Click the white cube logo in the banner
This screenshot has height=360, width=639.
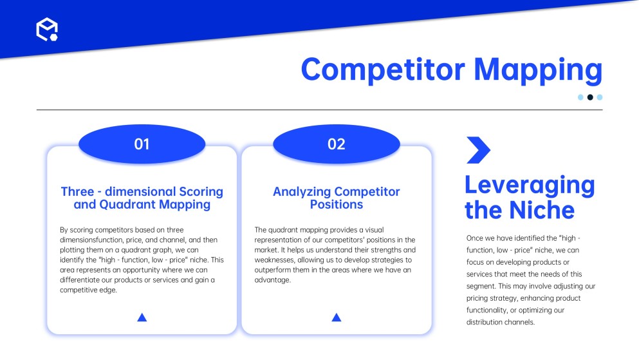point(47,30)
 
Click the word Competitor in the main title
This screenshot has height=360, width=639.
point(383,70)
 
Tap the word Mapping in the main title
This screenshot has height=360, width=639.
point(538,71)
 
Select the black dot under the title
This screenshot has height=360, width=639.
point(590,97)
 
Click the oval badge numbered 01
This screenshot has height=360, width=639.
point(142,144)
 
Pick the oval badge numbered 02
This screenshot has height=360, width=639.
point(336,144)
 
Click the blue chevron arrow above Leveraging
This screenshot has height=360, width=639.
point(478,150)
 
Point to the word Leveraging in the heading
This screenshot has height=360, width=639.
point(530,186)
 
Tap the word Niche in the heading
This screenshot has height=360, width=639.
point(542,210)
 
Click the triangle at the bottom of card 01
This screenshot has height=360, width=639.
point(142,317)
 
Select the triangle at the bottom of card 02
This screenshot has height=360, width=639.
point(336,317)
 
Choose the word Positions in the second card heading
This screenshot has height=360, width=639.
point(336,204)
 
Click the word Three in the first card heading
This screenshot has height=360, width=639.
point(77,192)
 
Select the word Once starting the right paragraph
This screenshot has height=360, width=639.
point(475,238)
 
